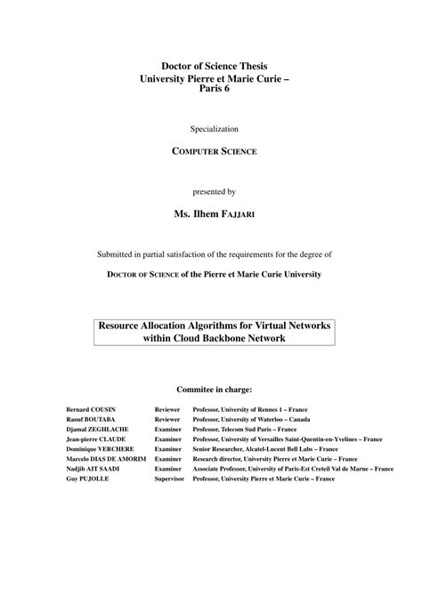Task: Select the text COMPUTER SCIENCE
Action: click(x=214, y=152)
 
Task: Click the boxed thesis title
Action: click(x=214, y=333)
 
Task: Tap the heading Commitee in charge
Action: click(x=214, y=389)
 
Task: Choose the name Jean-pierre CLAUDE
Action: click(x=95, y=439)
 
